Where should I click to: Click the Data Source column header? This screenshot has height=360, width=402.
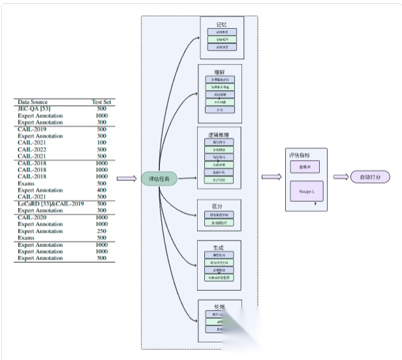click(32, 103)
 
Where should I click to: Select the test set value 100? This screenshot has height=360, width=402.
click(102, 142)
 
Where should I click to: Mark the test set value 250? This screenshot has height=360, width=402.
click(102, 231)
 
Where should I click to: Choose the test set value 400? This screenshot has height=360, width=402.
click(102, 190)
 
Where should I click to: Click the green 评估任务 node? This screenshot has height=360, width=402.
click(159, 178)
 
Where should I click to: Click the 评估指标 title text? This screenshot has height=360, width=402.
click(301, 155)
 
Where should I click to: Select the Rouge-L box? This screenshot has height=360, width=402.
click(306, 192)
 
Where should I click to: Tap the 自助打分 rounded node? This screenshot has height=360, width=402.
click(370, 177)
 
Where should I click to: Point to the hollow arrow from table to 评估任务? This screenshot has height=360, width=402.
click(127, 178)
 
